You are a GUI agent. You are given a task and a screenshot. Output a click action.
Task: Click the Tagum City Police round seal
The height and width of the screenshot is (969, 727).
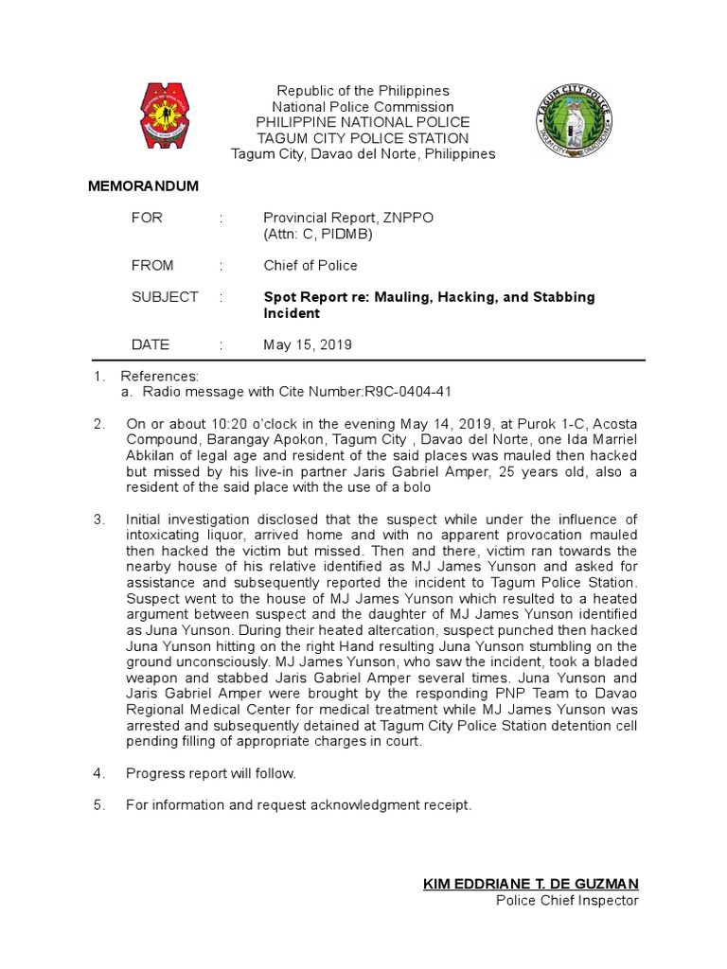point(569,121)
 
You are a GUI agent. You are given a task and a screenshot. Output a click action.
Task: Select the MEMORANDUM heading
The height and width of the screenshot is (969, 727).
point(143,186)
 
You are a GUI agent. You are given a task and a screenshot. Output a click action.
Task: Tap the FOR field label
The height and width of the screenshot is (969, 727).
point(147,218)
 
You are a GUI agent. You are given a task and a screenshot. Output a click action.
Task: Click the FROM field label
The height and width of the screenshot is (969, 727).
point(152,266)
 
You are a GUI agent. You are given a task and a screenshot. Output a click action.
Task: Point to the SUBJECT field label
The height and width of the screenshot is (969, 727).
point(165,297)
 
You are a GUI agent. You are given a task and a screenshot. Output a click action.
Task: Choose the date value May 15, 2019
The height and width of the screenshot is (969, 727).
point(307,345)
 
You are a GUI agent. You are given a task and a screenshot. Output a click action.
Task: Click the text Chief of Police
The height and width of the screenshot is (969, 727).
point(310,266)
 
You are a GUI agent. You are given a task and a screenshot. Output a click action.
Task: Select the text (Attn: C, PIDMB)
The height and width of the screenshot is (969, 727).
point(317,234)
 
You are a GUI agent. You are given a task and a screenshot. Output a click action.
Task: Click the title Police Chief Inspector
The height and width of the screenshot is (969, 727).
point(567,901)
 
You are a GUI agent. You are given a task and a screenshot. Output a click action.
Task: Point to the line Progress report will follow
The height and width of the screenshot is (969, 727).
point(211,774)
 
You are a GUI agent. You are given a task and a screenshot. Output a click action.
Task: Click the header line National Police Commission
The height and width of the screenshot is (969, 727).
point(363,107)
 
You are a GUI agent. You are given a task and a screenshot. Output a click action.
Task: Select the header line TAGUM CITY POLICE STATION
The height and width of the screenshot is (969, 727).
point(363,138)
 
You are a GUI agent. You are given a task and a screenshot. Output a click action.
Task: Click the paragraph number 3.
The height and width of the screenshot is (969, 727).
point(98,520)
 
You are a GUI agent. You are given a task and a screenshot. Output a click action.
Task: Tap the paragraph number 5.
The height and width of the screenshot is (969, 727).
point(98,806)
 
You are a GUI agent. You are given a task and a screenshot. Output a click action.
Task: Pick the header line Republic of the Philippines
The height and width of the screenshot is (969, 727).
point(363,91)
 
